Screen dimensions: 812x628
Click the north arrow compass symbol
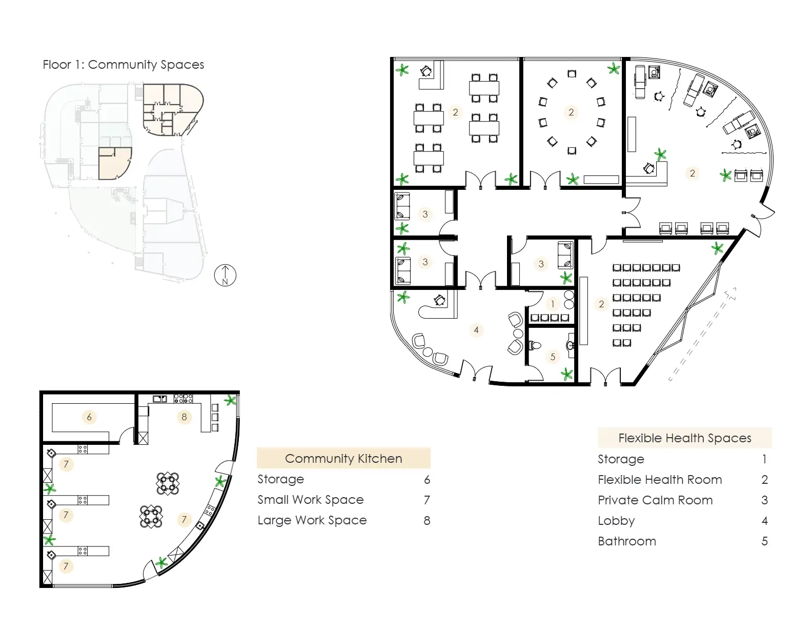pyautogui.click(x=225, y=276)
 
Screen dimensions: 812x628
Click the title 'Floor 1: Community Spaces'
pyautogui.click(x=124, y=65)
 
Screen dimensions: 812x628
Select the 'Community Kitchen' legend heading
pyautogui.click(x=343, y=459)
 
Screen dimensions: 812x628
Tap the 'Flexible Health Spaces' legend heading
pyautogui.click(x=684, y=438)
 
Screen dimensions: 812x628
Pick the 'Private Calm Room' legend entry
pyautogui.click(x=655, y=500)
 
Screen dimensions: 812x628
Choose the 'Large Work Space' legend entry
pyautogui.click(x=312, y=520)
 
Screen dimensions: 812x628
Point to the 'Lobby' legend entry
pyautogui.click(x=616, y=521)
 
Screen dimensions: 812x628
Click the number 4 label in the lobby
pyautogui.click(x=476, y=330)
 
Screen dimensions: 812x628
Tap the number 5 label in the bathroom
pyautogui.click(x=553, y=357)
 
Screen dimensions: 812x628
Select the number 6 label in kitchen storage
pyautogui.click(x=89, y=417)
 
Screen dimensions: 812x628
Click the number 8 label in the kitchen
pyautogui.click(x=184, y=417)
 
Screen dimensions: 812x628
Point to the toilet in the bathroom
pyautogui.click(x=535, y=345)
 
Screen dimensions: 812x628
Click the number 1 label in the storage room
pyautogui.click(x=553, y=304)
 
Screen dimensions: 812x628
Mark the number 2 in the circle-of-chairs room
pyautogui.click(x=571, y=112)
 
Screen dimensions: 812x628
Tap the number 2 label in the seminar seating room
pyautogui.click(x=601, y=304)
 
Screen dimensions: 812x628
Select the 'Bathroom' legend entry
pyautogui.click(x=626, y=541)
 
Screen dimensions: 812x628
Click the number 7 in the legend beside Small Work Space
pyautogui.click(x=427, y=500)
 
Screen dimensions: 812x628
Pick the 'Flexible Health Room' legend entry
pyautogui.click(x=660, y=480)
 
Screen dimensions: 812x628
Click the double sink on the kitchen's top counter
pyautogui.click(x=160, y=399)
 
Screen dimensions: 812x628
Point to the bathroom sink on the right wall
pyautogui.click(x=570, y=345)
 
